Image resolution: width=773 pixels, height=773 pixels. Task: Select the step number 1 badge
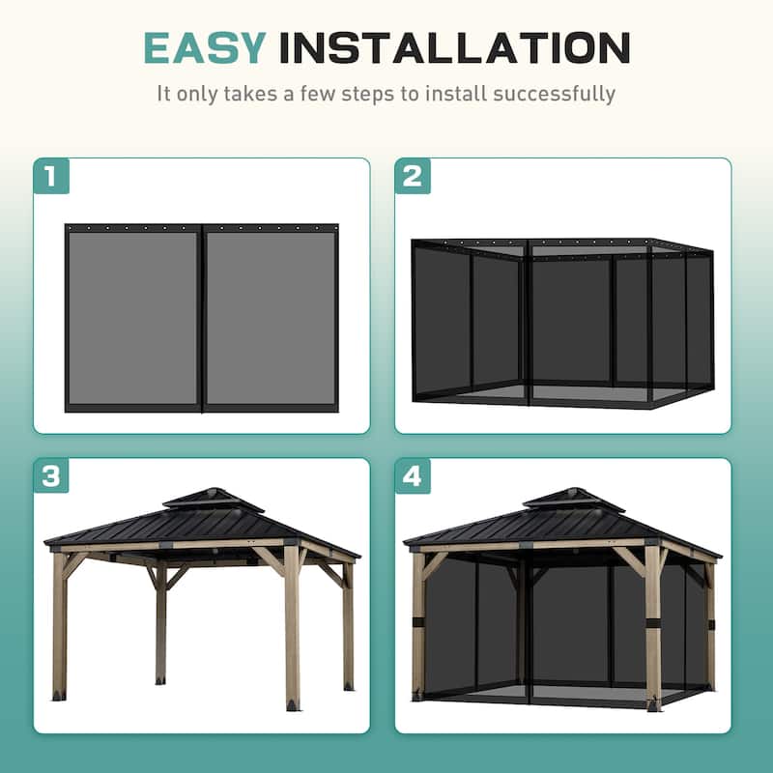[51, 176]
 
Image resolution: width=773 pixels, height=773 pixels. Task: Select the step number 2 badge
[413, 176]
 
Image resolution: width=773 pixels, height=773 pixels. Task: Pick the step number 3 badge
[51, 476]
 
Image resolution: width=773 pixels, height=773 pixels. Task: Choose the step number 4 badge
[413, 476]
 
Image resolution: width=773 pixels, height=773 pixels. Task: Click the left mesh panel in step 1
[133, 317]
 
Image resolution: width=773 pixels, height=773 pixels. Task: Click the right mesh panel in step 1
[271, 317]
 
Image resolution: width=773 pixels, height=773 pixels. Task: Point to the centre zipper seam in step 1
[202, 317]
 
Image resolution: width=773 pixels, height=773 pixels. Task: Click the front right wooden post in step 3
[292, 628]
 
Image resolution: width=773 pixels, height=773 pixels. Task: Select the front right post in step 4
[653, 628]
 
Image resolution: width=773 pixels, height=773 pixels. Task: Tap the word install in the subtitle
[455, 94]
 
